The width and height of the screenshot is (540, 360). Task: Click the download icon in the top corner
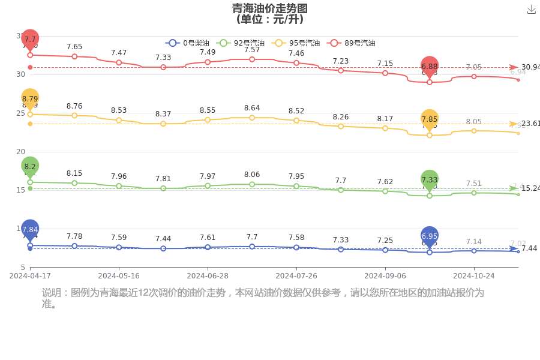pos(531,10)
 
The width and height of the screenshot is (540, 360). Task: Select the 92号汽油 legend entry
pos(240,43)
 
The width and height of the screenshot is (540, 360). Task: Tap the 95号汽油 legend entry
pos(296,43)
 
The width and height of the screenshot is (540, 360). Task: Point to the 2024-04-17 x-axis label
pos(30,276)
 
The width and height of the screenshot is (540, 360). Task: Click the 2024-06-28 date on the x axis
pos(208,276)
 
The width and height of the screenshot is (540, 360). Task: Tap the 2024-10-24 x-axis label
pos(473,276)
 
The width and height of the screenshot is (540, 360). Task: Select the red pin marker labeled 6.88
pos(430,67)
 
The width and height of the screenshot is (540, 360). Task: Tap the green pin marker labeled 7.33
pos(430,179)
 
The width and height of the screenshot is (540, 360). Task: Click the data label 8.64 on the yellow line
pos(252,108)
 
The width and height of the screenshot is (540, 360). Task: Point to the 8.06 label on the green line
pos(252,175)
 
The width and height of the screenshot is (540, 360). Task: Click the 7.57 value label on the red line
pos(252,50)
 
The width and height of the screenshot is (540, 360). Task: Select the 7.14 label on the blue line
pos(474,241)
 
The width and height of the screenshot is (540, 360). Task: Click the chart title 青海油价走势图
pos(270,8)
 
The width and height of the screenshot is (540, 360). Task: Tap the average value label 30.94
pos(530,67)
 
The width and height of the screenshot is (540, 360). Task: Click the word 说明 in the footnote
pos(52,293)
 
